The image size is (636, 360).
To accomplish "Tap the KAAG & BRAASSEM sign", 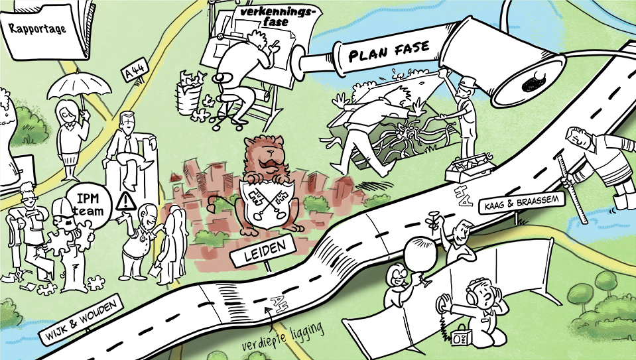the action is [523, 202].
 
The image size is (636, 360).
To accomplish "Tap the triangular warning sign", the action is [126, 202].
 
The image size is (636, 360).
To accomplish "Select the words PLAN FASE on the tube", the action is [389, 52].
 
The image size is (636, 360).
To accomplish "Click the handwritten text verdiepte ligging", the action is [283, 337].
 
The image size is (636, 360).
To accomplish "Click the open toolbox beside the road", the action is [468, 167].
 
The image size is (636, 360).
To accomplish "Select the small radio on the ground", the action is [461, 337].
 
